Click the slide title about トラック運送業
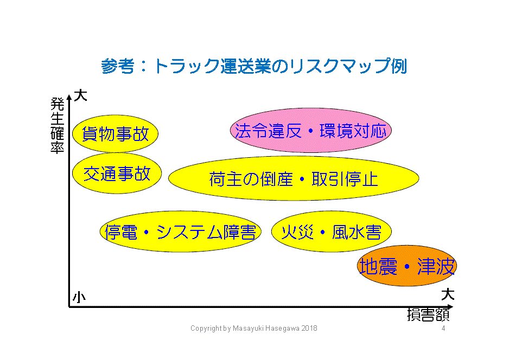[254, 66]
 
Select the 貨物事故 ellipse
[115, 133]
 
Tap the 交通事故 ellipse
[117, 173]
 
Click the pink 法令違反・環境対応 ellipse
[310, 130]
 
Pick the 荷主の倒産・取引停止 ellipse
[294, 178]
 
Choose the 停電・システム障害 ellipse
[181, 232]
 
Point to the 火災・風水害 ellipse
[332, 232]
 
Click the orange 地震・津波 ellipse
[407, 266]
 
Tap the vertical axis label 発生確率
[58, 126]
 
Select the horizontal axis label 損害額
[428, 315]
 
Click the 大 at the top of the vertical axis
[80, 95]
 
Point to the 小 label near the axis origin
[79, 297]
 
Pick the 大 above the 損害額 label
[448, 294]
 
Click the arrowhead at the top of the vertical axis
[69, 97]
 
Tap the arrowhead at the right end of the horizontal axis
[450, 306]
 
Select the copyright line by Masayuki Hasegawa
[254, 328]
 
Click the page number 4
[443, 328]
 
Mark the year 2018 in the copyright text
[309, 328]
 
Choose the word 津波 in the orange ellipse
[436, 267]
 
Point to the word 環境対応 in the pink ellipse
[353, 131]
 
